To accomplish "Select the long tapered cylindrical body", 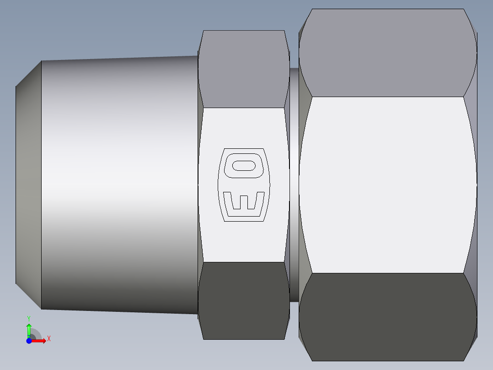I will (x=119, y=183).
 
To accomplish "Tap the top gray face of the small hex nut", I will (x=243, y=69).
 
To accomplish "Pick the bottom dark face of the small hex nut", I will (x=243, y=300).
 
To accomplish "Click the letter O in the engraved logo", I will (x=243, y=165).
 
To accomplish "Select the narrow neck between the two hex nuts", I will (x=294, y=183).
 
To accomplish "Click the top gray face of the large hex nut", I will (x=388, y=53).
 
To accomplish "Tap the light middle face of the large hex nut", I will (x=388, y=183).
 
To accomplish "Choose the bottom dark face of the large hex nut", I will (x=388, y=316).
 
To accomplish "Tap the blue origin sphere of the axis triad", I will (x=29, y=341).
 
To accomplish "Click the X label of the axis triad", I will (x=49, y=339).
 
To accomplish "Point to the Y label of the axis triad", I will (x=29, y=318).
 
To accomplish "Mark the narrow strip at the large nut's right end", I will (x=476, y=183).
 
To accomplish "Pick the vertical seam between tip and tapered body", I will (x=41, y=183).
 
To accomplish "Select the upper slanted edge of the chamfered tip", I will (x=28, y=73).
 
